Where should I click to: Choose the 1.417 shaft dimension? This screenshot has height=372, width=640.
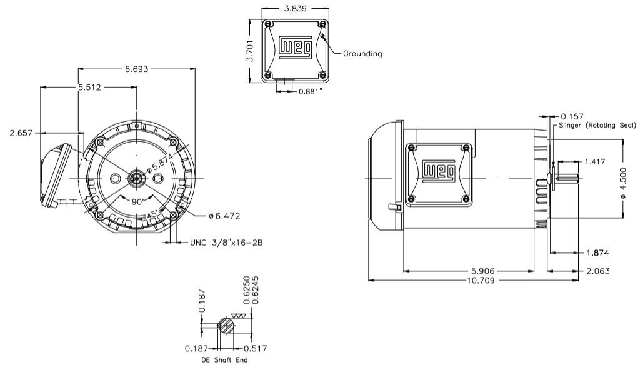point(593,162)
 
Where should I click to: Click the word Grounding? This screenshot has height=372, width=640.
point(362,54)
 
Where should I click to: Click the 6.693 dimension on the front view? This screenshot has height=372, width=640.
point(136,69)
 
